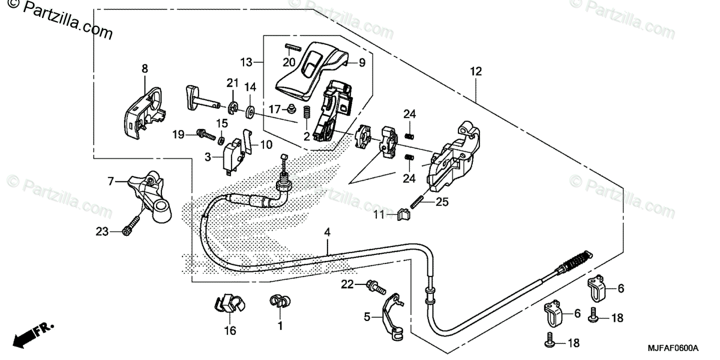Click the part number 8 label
pos(145,69)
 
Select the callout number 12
pos(475,71)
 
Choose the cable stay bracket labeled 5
pos(390,314)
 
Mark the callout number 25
pos(442,203)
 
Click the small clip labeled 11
pos(404,212)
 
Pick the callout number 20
pos(289,62)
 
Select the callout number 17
pos(275,109)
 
